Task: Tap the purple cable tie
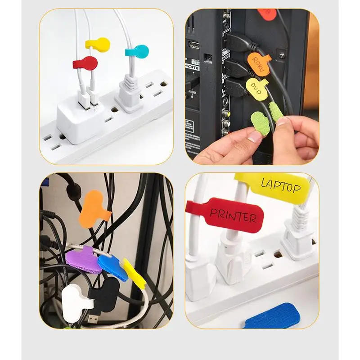tap(83, 260)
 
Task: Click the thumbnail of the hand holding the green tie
tap(252, 85)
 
